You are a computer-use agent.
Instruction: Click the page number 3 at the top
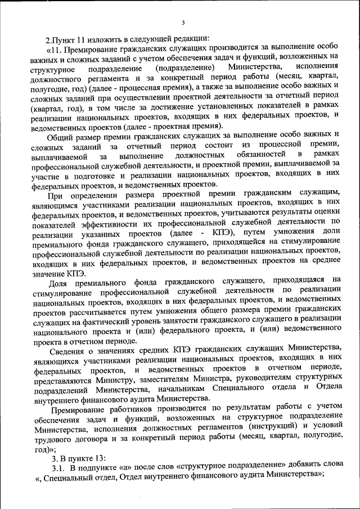[x=183, y=22]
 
